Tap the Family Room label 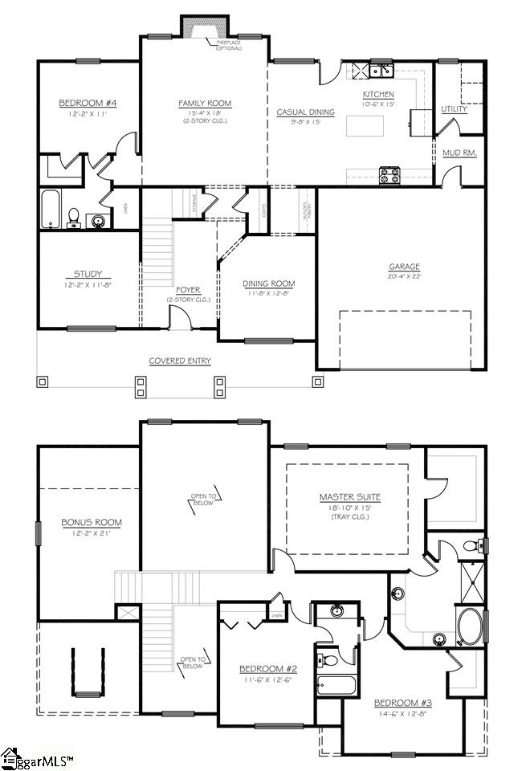point(205,104)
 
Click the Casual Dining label point(304,112)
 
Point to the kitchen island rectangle point(365,127)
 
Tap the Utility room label point(455,108)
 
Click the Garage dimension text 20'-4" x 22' point(405,277)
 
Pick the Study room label point(88,274)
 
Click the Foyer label point(188,290)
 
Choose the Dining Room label point(268,284)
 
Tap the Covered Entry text point(180,361)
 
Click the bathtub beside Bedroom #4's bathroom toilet point(51,210)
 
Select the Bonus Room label point(92,523)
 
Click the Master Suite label point(347,497)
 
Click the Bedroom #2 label point(268,669)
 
